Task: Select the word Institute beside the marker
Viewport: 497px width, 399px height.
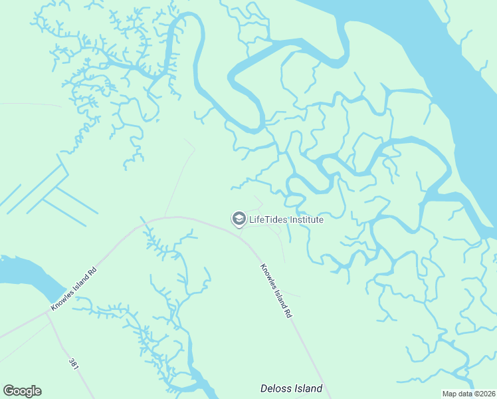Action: click(x=306, y=219)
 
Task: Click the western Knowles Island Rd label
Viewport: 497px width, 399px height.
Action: click(x=74, y=289)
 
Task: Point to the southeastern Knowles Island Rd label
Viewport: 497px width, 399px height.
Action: click(x=275, y=291)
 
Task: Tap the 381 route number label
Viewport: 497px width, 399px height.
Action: click(x=74, y=366)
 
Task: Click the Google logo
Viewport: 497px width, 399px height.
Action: click(x=22, y=391)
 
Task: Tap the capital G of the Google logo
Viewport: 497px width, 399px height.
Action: click(x=9, y=391)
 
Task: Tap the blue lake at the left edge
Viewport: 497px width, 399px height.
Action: click(x=20, y=273)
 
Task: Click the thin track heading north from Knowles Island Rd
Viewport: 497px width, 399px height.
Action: click(x=178, y=180)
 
